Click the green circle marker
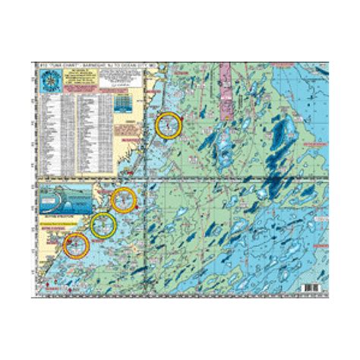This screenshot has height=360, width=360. coord(103,225)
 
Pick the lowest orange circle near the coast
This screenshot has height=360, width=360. coord(74,245)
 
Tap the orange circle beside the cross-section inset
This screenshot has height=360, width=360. coord(123,200)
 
